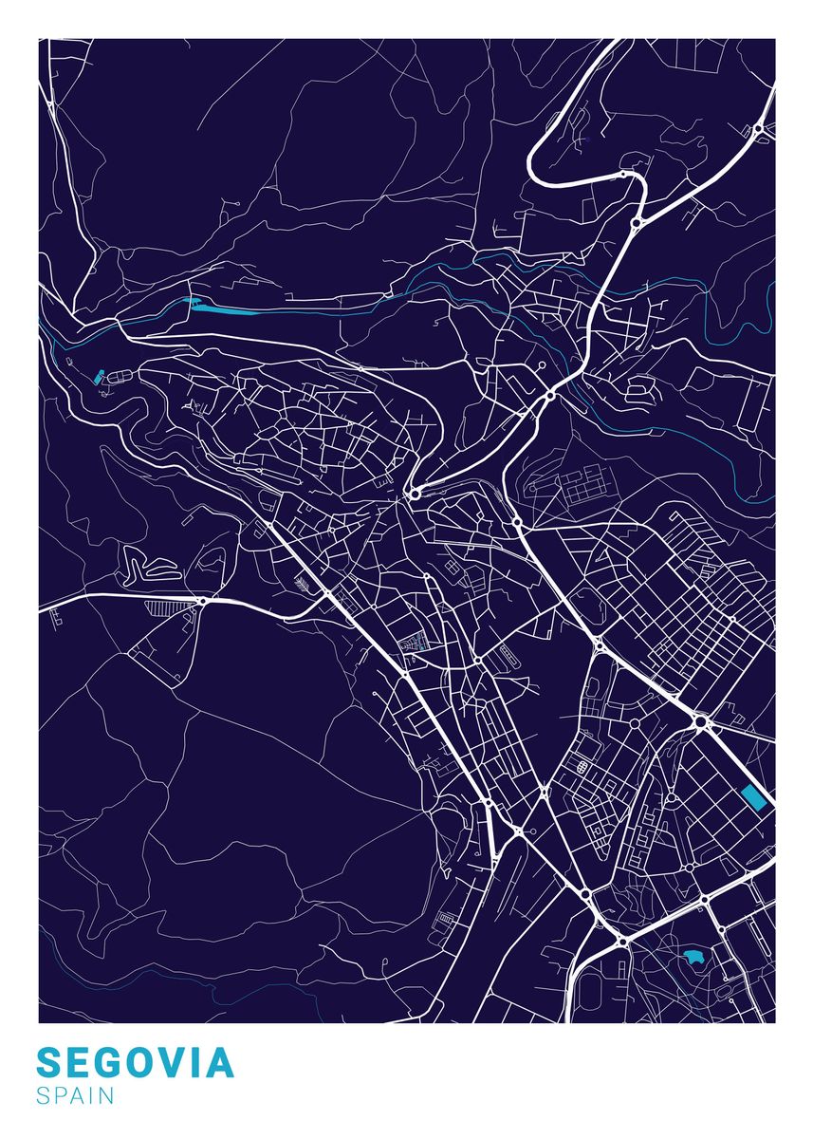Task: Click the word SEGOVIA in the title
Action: pyautogui.click(x=135, y=1063)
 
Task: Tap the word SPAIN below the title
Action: pyautogui.click(x=76, y=1096)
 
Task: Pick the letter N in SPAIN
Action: pyautogui.click(x=106, y=1096)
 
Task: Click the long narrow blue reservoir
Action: pyautogui.click(x=228, y=308)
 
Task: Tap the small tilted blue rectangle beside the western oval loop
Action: pyautogui.click(x=100, y=375)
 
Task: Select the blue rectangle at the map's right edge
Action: pyautogui.click(x=754, y=797)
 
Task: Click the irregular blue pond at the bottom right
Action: pyautogui.click(x=693, y=957)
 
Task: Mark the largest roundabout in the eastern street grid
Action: pyautogui.click(x=700, y=723)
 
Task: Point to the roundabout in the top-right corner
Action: pyautogui.click(x=758, y=130)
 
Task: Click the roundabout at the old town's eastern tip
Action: pyautogui.click(x=415, y=494)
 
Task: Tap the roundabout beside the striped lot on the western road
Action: pyautogui.click(x=202, y=601)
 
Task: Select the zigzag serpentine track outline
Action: pyautogui.click(x=152, y=568)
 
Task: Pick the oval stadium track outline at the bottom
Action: pyautogui.click(x=584, y=997)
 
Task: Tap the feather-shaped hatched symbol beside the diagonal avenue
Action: pyautogui.click(x=303, y=582)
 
